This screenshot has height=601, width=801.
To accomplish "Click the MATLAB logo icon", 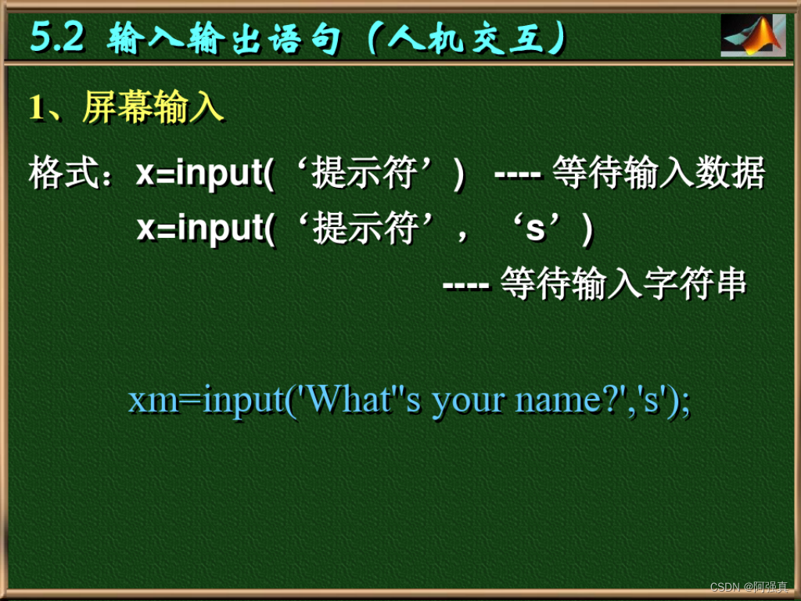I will click(x=753, y=35).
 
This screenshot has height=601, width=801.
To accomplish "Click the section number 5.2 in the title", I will click(x=57, y=37).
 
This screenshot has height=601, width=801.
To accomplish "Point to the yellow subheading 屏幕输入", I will click(x=153, y=108).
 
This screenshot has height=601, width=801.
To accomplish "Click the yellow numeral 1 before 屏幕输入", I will click(x=35, y=108).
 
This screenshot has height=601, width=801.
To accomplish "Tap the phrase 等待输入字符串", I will click(x=623, y=284).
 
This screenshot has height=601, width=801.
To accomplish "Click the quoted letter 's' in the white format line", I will click(x=536, y=229).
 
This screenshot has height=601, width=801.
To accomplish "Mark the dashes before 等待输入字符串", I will click(x=465, y=284).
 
